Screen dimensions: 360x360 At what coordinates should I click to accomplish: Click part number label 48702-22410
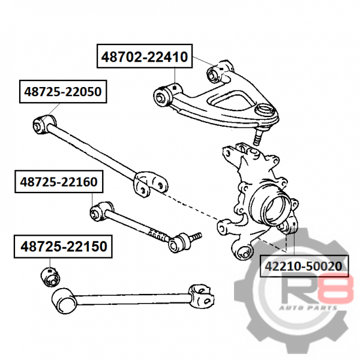(x=145, y=56)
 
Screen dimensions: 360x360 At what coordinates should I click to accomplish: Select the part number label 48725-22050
(x=63, y=91)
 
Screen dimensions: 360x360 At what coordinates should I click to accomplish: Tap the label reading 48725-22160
(x=59, y=182)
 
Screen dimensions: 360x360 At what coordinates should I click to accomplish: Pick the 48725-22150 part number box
(x=63, y=247)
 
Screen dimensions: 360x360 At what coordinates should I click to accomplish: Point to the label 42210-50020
(x=304, y=266)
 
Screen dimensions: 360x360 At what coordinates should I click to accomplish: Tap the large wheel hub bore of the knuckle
(x=274, y=208)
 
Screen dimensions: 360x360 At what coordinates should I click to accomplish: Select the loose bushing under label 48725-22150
(x=50, y=277)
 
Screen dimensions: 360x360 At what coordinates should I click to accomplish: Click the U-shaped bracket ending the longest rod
(x=150, y=184)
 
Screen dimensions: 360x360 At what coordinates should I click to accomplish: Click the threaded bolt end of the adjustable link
(x=197, y=236)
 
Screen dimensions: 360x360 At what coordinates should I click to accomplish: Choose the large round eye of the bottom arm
(x=64, y=301)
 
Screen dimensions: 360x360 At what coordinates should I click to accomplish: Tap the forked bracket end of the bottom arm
(x=202, y=296)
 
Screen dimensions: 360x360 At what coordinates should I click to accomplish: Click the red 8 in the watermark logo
(x=337, y=290)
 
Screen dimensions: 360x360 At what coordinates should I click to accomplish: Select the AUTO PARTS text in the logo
(x=308, y=308)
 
